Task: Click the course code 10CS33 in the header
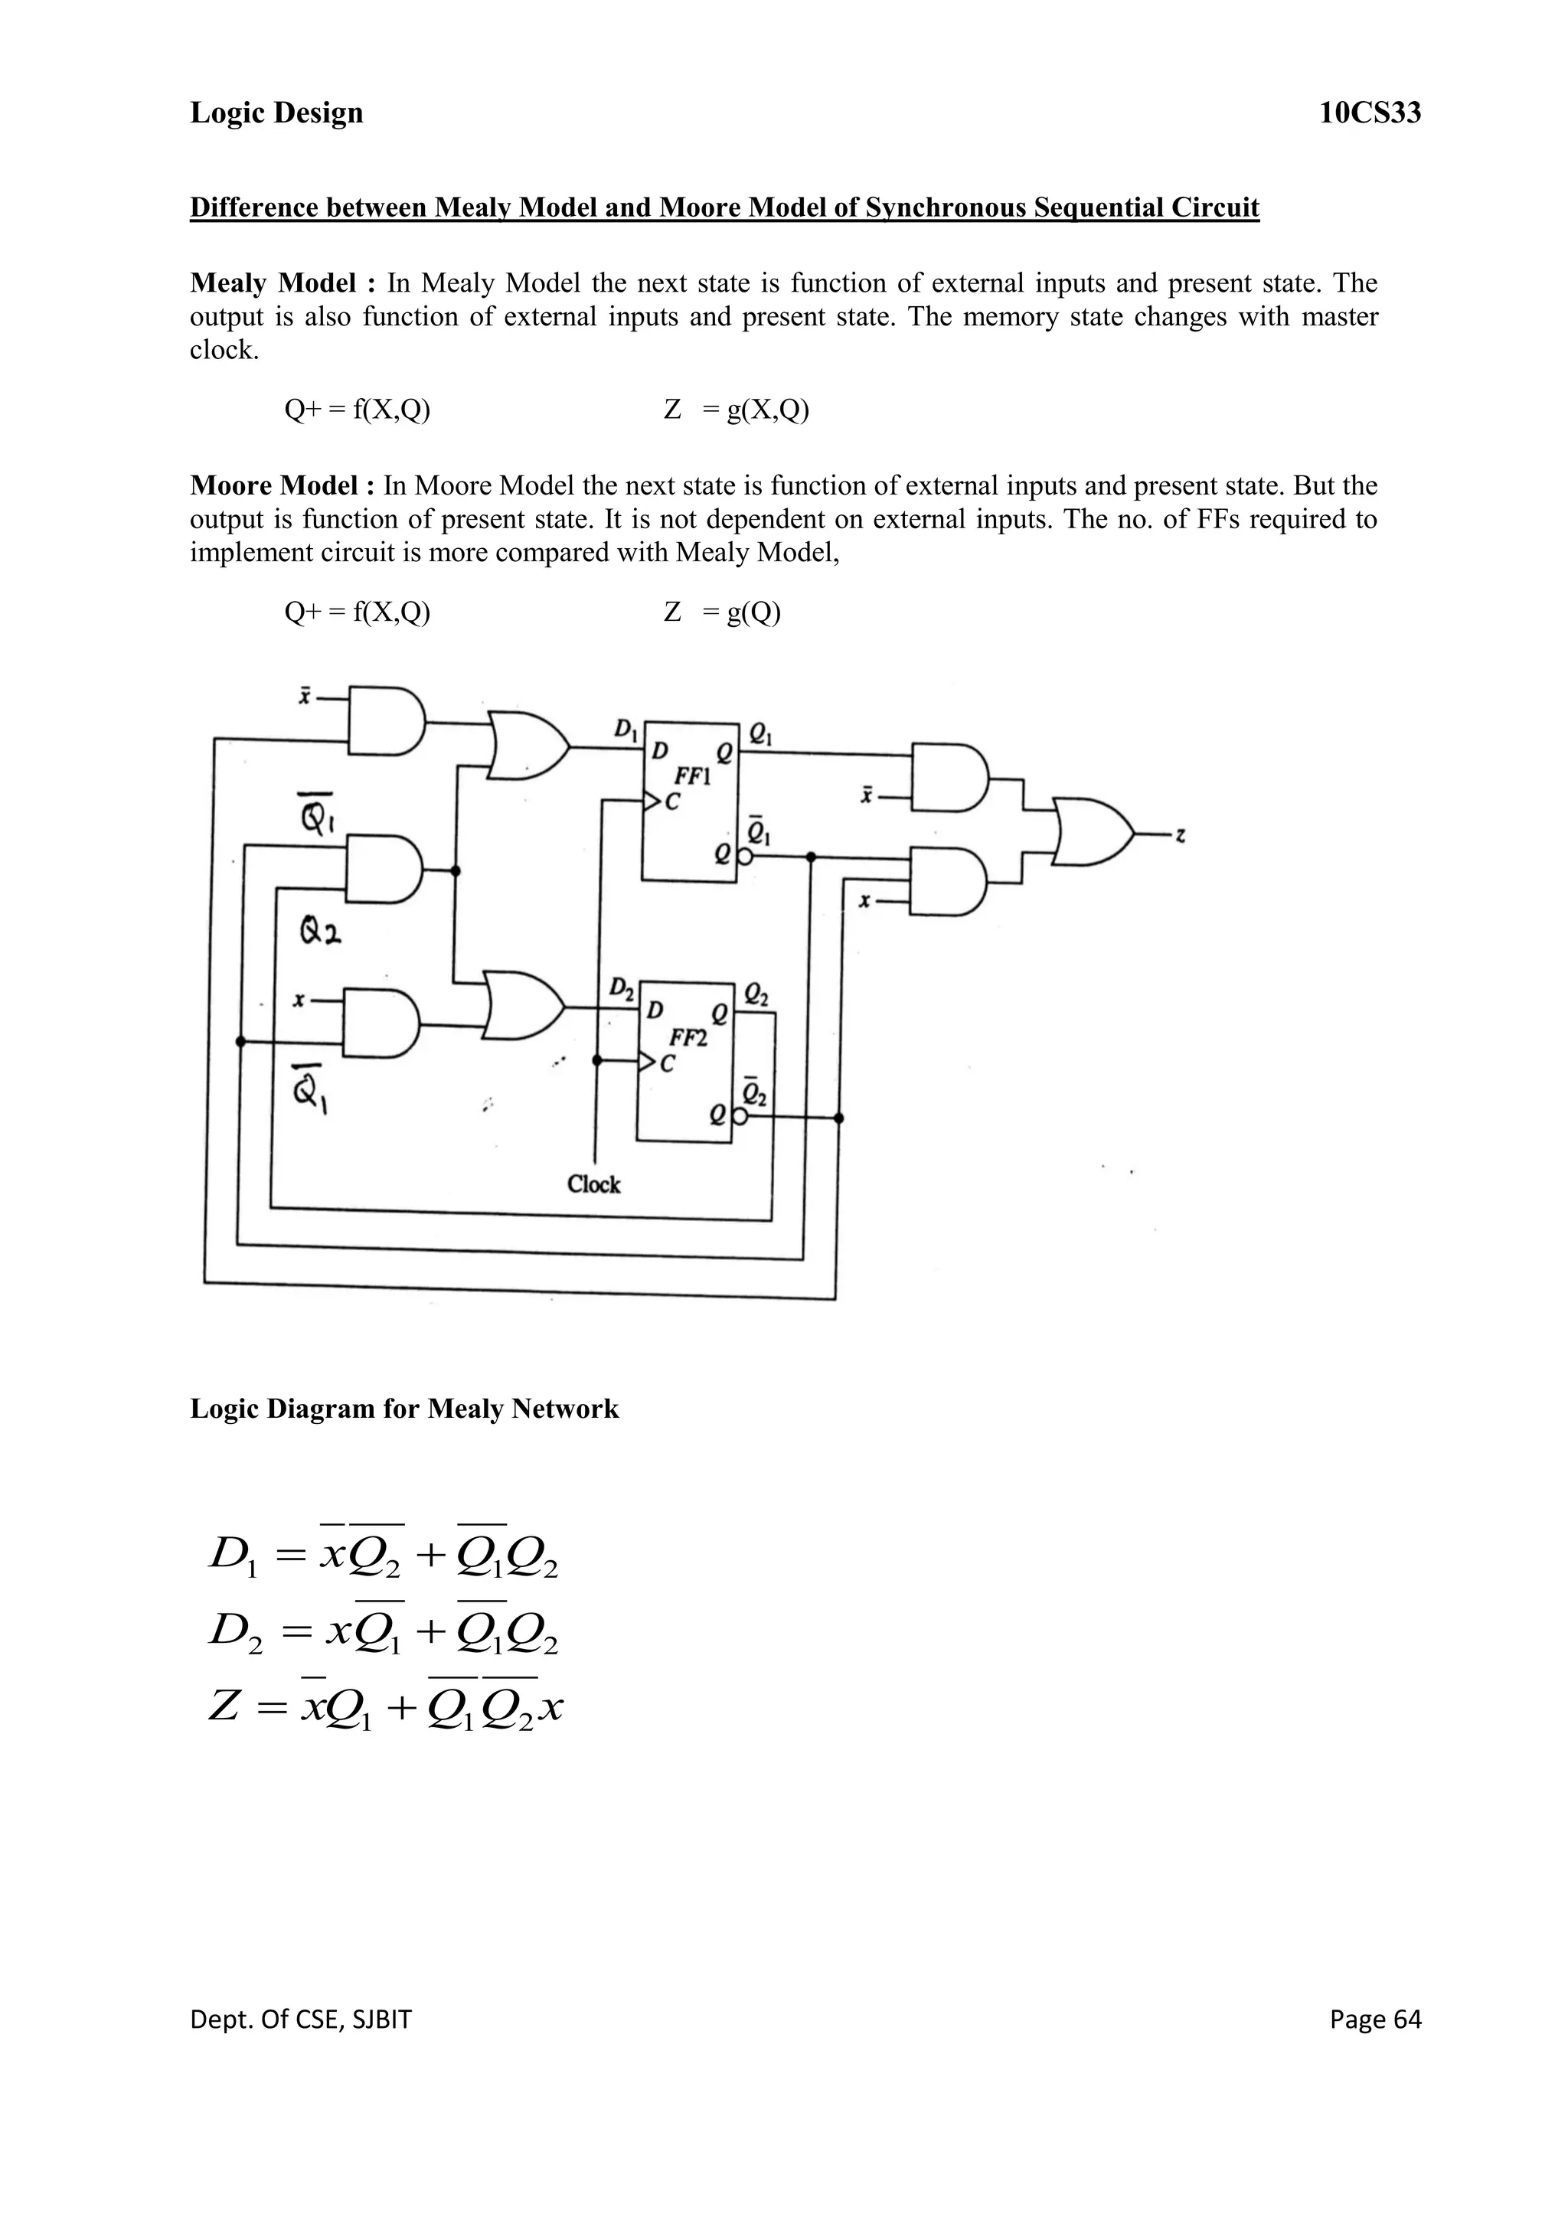[1370, 113]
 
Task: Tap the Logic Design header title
[276, 113]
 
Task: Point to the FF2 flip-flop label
[688, 1038]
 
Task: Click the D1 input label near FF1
[626, 728]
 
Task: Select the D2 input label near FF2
[621, 989]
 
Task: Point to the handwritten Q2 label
[319, 932]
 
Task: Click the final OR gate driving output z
[1092, 831]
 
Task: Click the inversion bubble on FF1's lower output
[743, 857]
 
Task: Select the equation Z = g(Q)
[722, 612]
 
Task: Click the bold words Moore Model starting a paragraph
[273, 485]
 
